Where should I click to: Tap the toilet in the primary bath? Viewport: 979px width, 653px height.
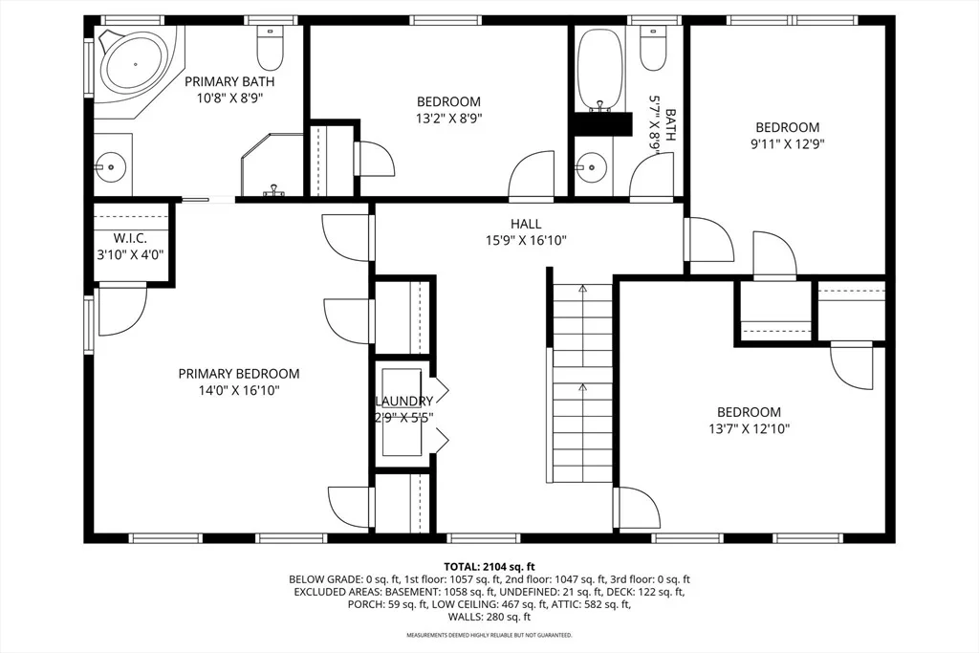click(271, 48)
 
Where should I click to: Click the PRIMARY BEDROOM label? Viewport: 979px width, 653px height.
click(238, 373)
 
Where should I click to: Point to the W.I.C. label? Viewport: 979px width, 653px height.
click(130, 238)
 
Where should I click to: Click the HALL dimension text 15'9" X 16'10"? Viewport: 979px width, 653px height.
click(526, 240)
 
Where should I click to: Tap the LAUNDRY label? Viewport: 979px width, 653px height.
click(404, 401)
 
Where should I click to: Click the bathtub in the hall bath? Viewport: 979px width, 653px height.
click(600, 69)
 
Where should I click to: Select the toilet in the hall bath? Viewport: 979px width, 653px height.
click(652, 48)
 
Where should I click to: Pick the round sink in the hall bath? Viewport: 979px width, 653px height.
click(591, 166)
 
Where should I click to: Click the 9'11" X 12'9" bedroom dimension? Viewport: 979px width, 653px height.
click(788, 144)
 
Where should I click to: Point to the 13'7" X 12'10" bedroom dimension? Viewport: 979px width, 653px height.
click(749, 429)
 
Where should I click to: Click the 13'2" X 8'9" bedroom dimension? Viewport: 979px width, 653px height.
click(448, 118)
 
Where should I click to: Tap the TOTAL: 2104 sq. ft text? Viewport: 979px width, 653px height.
click(489, 567)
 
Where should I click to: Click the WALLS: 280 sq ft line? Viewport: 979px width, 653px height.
click(489, 617)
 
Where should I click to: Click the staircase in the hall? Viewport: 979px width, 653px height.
click(582, 382)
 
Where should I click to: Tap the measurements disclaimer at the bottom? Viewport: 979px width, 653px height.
click(489, 636)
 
